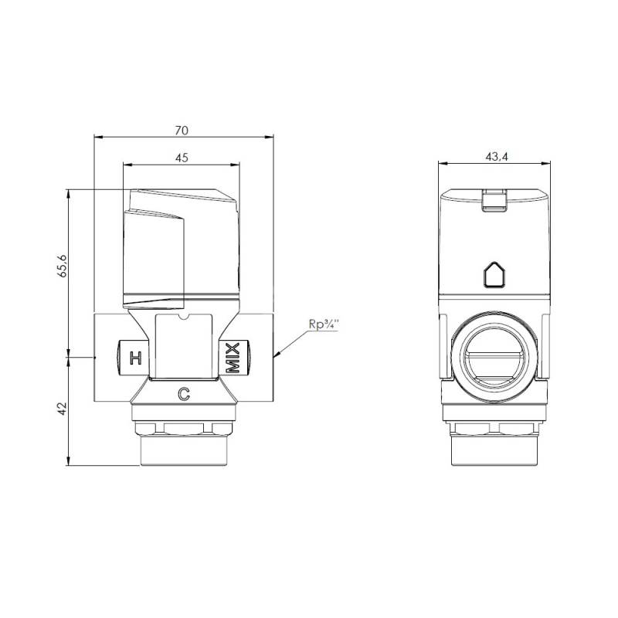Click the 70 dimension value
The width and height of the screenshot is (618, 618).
click(x=182, y=131)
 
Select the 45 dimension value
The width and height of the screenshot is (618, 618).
click(x=182, y=158)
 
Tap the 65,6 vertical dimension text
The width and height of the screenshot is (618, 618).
click(x=63, y=266)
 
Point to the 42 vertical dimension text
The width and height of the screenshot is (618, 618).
click(x=63, y=409)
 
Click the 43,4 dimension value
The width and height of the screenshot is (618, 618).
click(x=497, y=157)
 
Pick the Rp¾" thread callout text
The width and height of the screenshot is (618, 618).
click(x=324, y=324)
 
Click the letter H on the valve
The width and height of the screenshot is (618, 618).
click(x=136, y=358)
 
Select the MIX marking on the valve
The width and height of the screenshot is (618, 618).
click(x=233, y=358)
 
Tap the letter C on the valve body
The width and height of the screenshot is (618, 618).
click(x=184, y=394)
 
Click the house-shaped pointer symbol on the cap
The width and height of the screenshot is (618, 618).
click(x=494, y=274)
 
